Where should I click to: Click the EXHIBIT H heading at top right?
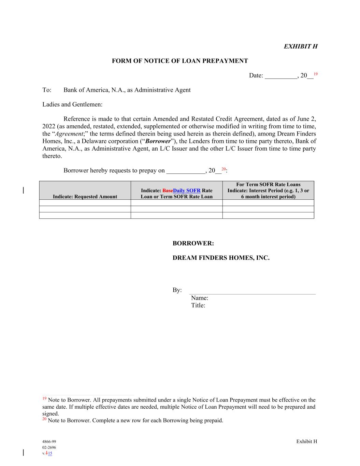[300, 46]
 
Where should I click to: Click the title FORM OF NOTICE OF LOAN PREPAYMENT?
[180, 61]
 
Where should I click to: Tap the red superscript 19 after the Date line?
[316, 74]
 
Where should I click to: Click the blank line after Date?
[280, 76]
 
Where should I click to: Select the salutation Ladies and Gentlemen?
[72, 104]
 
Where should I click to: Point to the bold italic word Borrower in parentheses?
[158, 141]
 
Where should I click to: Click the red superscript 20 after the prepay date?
[224, 169]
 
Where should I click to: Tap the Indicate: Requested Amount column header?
[85, 197]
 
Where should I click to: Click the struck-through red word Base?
[168, 190]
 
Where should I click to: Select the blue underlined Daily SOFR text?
[187, 190]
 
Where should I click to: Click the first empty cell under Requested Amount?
[85, 203]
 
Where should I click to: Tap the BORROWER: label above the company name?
[193, 244]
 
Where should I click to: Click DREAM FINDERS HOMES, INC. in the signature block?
[221, 258]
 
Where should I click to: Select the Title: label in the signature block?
[198, 306]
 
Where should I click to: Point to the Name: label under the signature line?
[200, 298]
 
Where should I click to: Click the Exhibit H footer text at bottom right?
[306, 441]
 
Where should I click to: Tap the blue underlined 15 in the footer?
[50, 453]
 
